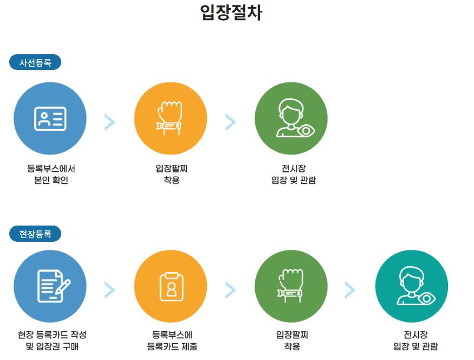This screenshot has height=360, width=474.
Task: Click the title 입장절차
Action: click(231, 12)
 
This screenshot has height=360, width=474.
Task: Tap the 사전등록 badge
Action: click(35, 62)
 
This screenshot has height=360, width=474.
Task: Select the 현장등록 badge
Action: click(35, 234)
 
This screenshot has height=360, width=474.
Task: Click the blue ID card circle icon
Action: click(50, 118)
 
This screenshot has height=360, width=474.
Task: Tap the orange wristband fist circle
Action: click(171, 118)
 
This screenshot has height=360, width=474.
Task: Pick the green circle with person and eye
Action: click(291, 118)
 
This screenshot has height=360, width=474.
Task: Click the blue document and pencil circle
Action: click(50, 286)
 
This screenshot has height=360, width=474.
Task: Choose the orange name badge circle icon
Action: click(171, 286)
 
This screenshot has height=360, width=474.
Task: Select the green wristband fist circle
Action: click(291, 286)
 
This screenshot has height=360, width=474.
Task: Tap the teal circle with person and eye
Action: click(412, 286)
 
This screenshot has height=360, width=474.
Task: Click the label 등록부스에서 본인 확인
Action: click(51, 175)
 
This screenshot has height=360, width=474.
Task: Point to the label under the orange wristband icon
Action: click(171, 175)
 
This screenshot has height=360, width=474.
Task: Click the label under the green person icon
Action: click(293, 175)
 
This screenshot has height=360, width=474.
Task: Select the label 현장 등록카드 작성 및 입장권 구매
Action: click(52, 340)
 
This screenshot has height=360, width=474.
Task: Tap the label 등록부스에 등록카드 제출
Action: click(172, 340)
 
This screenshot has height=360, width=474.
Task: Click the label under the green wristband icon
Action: click(292, 340)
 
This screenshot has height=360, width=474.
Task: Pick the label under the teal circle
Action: click(415, 340)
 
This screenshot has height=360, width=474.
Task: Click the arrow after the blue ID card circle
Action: click(110, 123)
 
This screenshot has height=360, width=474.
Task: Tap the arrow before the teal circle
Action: click(350, 291)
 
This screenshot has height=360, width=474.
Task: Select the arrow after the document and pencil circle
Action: click(110, 291)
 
